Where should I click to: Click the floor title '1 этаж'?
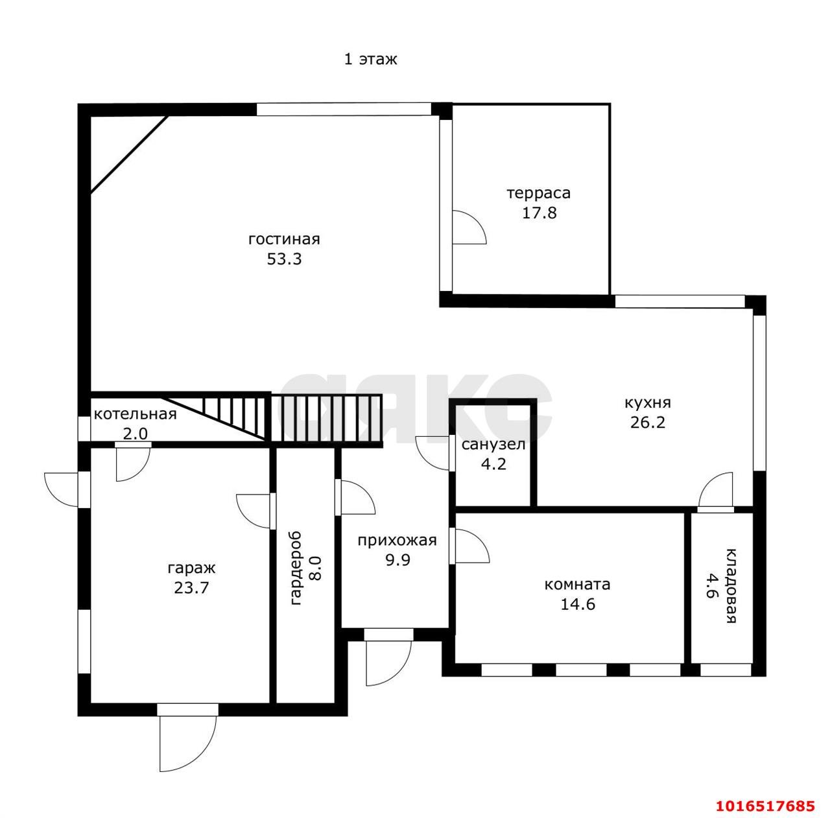(x=370, y=59)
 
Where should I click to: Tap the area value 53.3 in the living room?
(x=284, y=259)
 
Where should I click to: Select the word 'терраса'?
(x=538, y=193)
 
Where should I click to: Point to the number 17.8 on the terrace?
(x=539, y=213)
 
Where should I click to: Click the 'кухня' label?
(x=647, y=403)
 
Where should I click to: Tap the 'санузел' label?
(x=493, y=444)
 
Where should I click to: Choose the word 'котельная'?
(x=136, y=414)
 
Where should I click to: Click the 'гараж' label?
(x=191, y=568)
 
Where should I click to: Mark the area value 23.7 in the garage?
(x=191, y=588)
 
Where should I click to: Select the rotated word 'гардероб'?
(x=296, y=568)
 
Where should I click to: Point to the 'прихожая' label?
(x=397, y=541)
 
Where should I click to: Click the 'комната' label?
(x=577, y=585)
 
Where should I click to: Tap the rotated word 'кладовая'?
(x=731, y=586)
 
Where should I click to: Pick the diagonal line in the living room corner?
(x=129, y=154)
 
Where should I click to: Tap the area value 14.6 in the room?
(x=577, y=604)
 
